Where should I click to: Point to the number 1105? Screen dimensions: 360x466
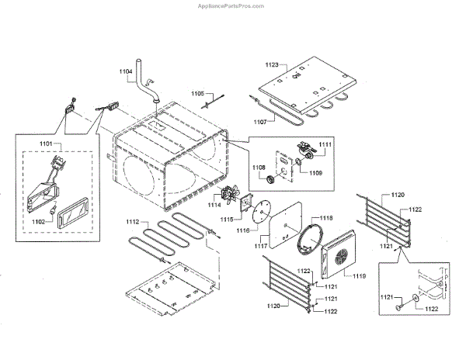(x=198, y=92)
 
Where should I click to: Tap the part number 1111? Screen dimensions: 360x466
(x=325, y=145)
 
